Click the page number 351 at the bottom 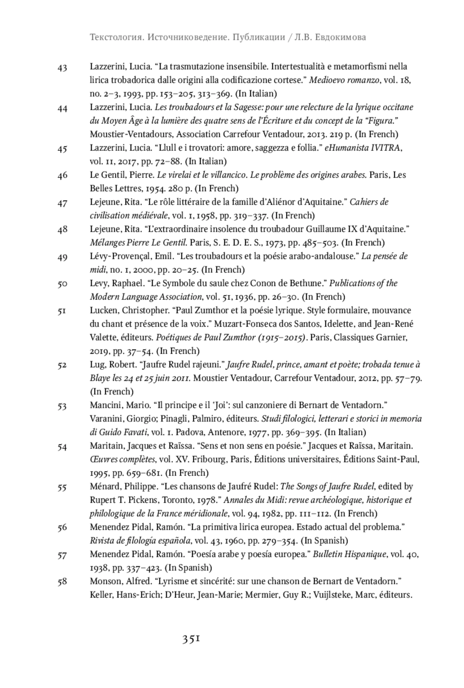(x=191, y=639)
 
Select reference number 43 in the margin (x=62, y=68)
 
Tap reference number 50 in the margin (x=62, y=284)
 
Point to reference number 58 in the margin (x=62, y=582)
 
